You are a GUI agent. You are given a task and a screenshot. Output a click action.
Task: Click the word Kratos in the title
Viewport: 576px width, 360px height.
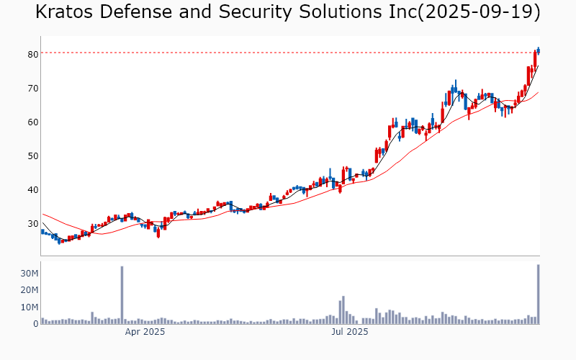tap(69, 12)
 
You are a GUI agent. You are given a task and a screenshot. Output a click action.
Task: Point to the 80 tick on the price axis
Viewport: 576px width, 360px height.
tap(32, 54)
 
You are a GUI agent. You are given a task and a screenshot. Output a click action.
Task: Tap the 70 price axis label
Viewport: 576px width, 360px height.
tap(32, 88)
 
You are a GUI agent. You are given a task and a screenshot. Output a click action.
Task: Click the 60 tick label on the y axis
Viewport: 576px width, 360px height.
tap(32, 122)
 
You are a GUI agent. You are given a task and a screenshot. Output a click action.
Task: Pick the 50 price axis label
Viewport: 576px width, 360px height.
tap(32, 156)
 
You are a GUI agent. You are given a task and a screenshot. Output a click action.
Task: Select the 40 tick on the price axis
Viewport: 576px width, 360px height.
tap(32, 189)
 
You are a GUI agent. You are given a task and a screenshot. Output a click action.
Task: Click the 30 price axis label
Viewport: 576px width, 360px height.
tap(32, 223)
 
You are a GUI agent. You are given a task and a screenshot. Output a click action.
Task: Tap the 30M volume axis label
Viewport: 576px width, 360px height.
tap(29, 274)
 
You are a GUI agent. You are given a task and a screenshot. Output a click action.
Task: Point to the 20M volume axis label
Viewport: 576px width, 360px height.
tap(29, 290)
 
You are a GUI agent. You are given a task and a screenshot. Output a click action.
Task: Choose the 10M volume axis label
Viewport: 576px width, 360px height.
tap(29, 307)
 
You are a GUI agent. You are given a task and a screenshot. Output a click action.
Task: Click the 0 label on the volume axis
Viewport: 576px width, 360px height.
tap(35, 324)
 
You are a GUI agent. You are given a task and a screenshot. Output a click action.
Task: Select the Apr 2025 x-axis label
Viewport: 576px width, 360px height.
tap(145, 332)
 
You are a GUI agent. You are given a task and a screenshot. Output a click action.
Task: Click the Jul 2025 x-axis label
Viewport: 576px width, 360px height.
tap(349, 332)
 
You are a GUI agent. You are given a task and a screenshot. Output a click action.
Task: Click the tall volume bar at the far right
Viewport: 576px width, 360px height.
tap(538, 294)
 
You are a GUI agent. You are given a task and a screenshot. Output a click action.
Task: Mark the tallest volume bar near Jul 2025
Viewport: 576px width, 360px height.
tap(343, 310)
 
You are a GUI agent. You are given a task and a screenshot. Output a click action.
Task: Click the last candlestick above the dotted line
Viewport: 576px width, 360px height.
tap(538, 50)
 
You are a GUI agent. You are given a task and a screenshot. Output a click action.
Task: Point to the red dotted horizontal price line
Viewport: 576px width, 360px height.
tap(288, 53)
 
